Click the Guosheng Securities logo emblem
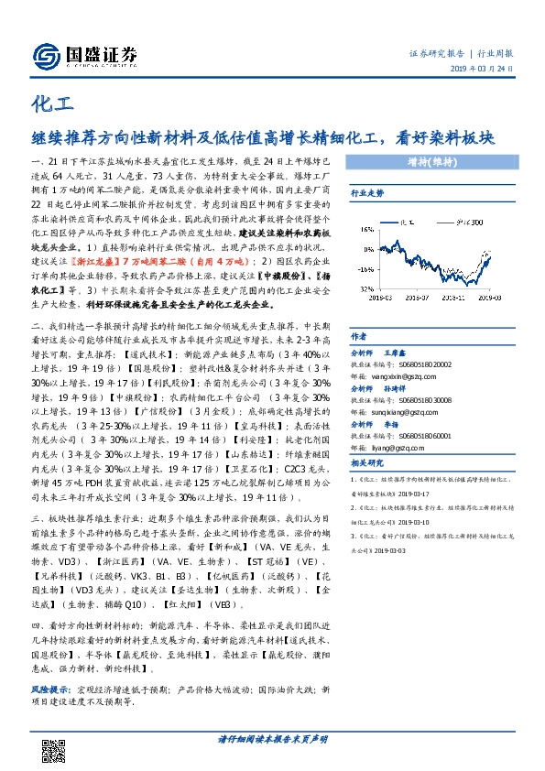pyautogui.click(x=45, y=54)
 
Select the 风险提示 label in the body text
pyautogui.click(x=49, y=684)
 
